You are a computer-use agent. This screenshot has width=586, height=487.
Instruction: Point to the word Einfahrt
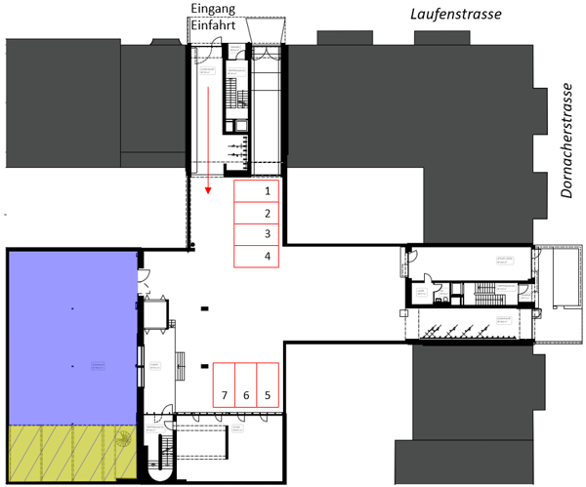coord(213,26)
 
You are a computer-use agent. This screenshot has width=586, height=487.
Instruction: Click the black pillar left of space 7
coord(204,366)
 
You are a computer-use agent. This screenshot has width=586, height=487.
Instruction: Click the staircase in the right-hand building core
coord(483,292)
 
